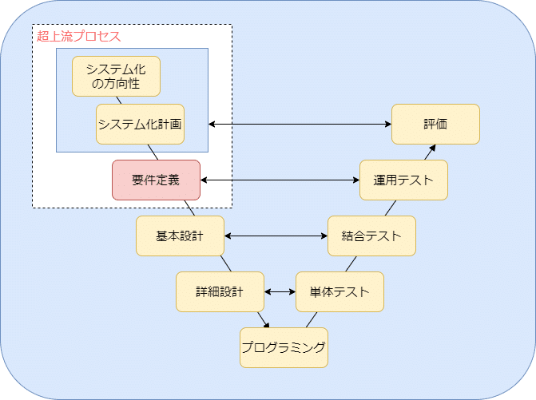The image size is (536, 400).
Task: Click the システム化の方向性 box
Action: pos(116,76)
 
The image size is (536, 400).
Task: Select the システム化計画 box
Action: pos(140,124)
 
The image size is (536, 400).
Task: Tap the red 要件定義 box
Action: pos(156,180)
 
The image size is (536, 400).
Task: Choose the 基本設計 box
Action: pos(180,236)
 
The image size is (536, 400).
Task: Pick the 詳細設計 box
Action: pos(220,291)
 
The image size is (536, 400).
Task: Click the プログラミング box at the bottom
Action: pos(284,347)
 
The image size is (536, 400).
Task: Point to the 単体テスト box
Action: pos(339,291)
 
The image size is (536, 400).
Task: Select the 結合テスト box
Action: pos(371,236)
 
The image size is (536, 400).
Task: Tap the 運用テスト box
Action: pos(403,180)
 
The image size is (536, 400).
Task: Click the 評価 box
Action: pos(435,124)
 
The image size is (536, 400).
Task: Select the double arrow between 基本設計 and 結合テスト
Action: pos(276,236)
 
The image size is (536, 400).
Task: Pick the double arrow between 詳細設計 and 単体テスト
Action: pos(280,292)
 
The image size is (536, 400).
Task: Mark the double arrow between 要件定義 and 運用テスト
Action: pos(280,180)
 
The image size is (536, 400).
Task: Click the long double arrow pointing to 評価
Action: pos(300,125)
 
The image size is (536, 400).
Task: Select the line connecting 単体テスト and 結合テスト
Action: pos(351,263)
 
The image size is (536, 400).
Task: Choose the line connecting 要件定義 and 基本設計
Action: pos(189,208)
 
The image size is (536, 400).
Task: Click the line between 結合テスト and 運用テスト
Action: pos(391,208)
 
